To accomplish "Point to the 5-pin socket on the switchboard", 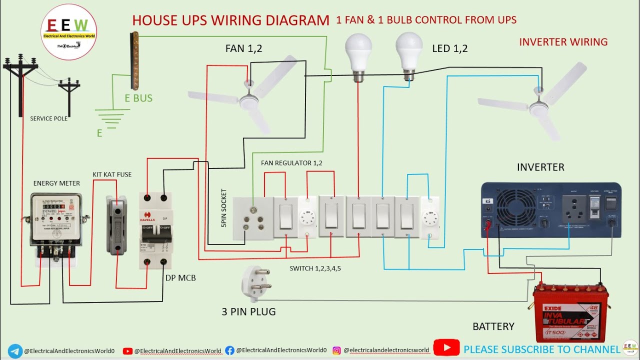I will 253,220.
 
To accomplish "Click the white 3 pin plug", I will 255,284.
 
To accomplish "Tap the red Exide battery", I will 570,312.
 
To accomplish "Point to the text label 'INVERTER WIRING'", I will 563,42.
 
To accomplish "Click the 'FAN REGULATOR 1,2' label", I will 291,163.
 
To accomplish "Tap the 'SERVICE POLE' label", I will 48,118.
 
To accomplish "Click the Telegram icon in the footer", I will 15,350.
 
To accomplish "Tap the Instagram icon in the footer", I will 337,350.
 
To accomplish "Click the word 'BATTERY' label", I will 493,326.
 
